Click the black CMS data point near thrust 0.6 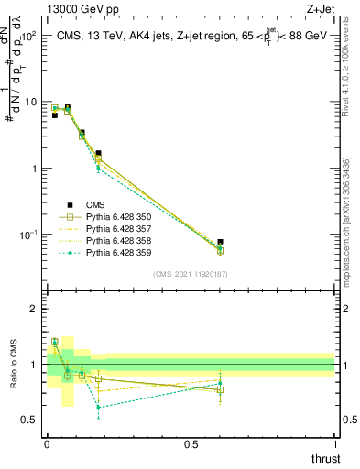pos(220,242)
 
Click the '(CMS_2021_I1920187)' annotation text pos(191,274)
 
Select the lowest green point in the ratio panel pos(98,407)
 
